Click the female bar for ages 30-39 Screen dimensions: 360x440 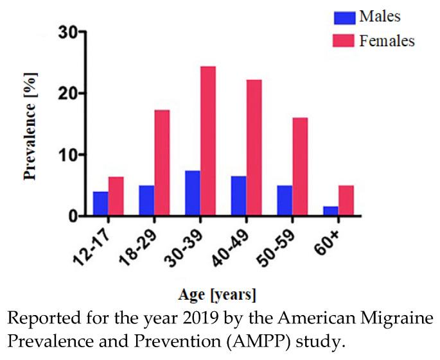(x=207, y=141)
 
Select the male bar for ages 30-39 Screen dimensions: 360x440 (x=192, y=194)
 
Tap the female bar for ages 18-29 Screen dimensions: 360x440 (x=162, y=163)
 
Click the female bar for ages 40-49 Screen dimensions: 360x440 (x=254, y=148)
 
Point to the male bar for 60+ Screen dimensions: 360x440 (x=330, y=211)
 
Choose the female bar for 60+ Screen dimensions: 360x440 (x=346, y=201)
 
